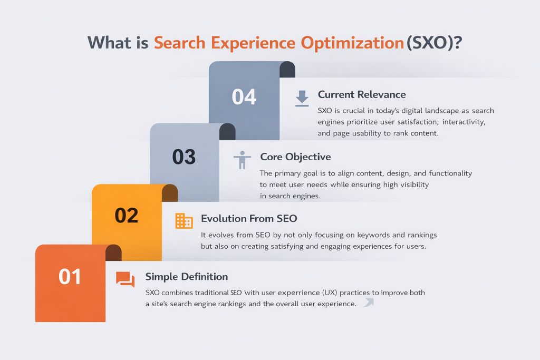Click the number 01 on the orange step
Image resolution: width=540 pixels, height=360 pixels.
click(70, 277)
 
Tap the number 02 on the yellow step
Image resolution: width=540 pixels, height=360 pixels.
click(127, 216)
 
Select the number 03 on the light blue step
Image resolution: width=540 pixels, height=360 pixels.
click(184, 157)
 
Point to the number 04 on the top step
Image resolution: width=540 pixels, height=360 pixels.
click(244, 97)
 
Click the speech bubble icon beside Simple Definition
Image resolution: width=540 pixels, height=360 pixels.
click(125, 279)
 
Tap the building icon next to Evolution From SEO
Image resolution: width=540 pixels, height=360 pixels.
click(184, 221)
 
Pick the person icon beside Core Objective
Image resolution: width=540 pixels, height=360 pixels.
click(242, 160)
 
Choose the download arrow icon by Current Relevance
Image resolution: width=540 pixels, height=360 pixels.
click(302, 99)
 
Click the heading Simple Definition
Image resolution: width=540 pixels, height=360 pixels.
click(187, 277)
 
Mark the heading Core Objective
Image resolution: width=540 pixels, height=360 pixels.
click(296, 157)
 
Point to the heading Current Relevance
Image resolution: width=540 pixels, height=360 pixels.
click(362, 95)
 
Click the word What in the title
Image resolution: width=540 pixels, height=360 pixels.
click(109, 43)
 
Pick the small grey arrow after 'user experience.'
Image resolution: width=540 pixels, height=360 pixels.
click(368, 303)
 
